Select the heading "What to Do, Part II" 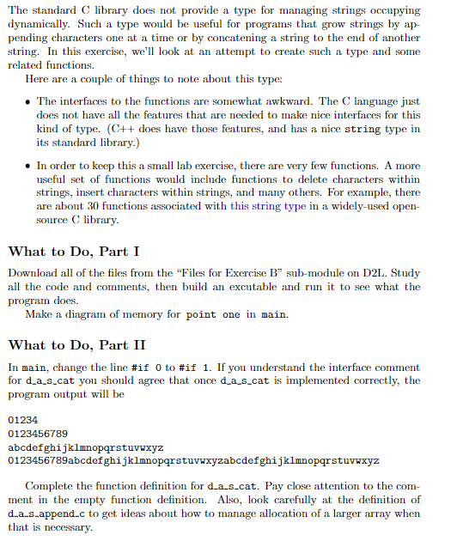click(76, 345)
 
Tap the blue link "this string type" click(269, 205)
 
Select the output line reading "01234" click(22, 420)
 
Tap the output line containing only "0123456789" click(37, 434)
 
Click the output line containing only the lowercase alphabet click(84, 447)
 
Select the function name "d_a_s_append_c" click(47, 514)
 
